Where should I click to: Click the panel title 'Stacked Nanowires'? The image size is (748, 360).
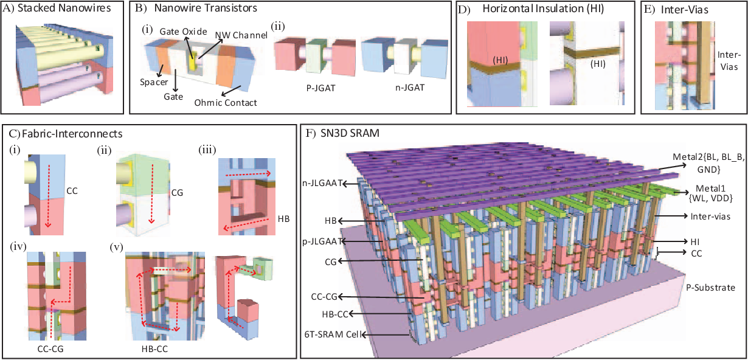69,9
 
